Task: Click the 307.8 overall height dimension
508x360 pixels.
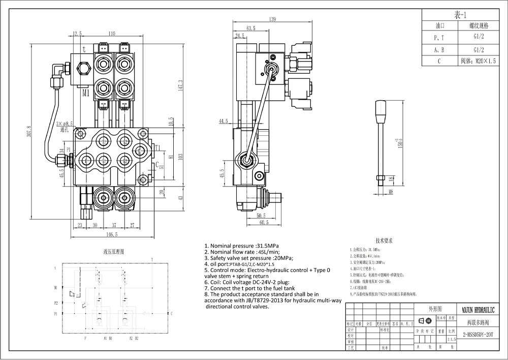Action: pos(29,133)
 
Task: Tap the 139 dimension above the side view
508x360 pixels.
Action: pos(273,19)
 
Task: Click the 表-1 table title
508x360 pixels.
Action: pos(463,15)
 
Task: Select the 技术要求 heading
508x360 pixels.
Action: pos(384,241)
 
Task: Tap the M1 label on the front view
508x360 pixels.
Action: pos(85,93)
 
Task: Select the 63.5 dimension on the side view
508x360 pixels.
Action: pos(250,28)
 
